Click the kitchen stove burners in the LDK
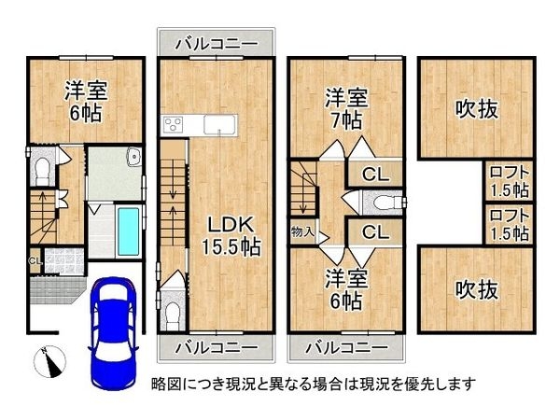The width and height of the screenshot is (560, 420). tap(175, 125)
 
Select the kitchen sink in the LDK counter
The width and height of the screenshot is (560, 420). tap(219, 124)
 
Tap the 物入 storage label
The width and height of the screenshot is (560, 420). tap(302, 231)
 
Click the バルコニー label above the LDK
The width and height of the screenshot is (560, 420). tap(217, 43)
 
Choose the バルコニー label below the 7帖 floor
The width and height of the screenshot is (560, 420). tap(347, 347)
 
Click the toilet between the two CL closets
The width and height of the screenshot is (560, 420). tap(381, 202)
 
